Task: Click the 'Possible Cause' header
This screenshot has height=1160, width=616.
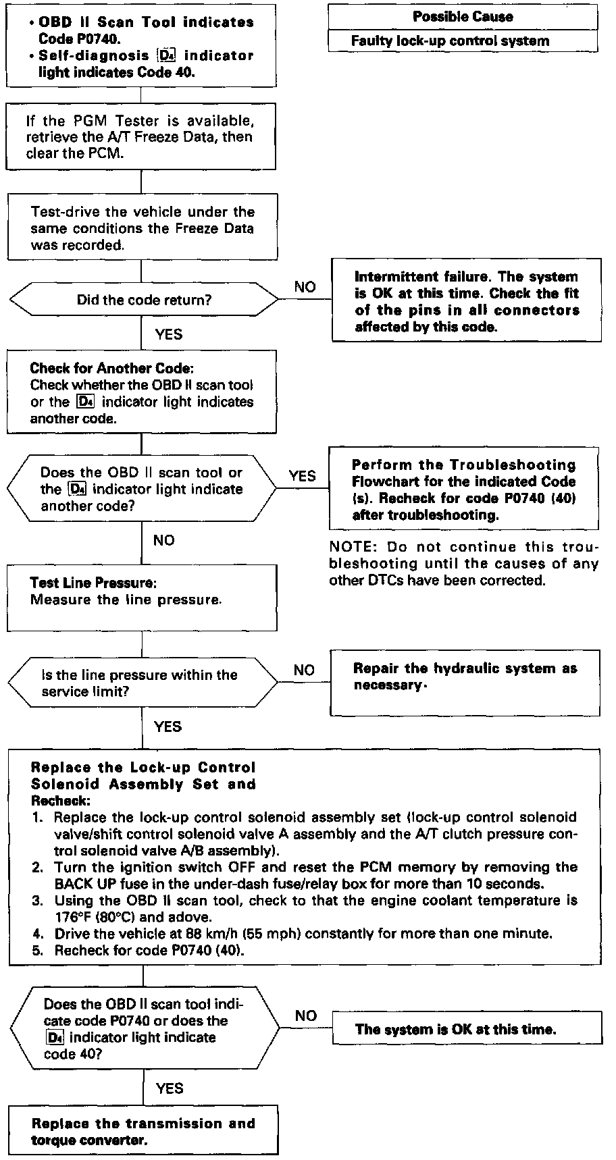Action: (463, 17)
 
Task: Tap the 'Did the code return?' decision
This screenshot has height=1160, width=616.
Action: (143, 300)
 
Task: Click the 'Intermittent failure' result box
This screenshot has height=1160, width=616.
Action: (466, 301)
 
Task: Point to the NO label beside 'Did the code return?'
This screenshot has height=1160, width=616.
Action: (305, 287)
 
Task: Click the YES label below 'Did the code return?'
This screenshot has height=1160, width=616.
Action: (168, 334)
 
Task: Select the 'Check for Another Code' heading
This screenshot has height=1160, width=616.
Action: (112, 369)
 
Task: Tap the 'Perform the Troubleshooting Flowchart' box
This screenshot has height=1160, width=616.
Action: (463, 490)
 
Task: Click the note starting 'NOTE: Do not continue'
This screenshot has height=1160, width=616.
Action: (463, 563)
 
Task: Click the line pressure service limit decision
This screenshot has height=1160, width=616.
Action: (143, 683)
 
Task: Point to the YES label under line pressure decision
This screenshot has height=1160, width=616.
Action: (168, 727)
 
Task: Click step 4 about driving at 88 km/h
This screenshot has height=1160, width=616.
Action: (303, 934)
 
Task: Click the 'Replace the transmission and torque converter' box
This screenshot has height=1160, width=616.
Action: (143, 1132)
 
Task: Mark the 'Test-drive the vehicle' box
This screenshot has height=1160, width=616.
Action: (142, 228)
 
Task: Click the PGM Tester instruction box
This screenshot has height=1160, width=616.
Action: (142, 136)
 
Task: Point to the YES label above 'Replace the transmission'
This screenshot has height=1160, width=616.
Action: (169, 1088)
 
